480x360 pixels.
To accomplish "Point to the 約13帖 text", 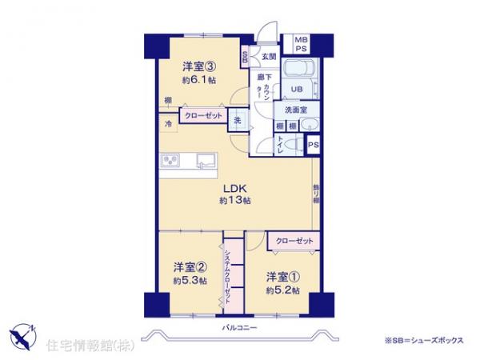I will click(233, 201).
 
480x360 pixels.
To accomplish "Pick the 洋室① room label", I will click(282, 277).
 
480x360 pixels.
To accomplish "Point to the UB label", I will click(295, 88).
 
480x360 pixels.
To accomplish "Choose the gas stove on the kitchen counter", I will click(170, 161).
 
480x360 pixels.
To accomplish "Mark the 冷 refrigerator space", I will click(169, 124).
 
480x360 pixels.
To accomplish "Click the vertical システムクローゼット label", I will click(229, 272).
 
